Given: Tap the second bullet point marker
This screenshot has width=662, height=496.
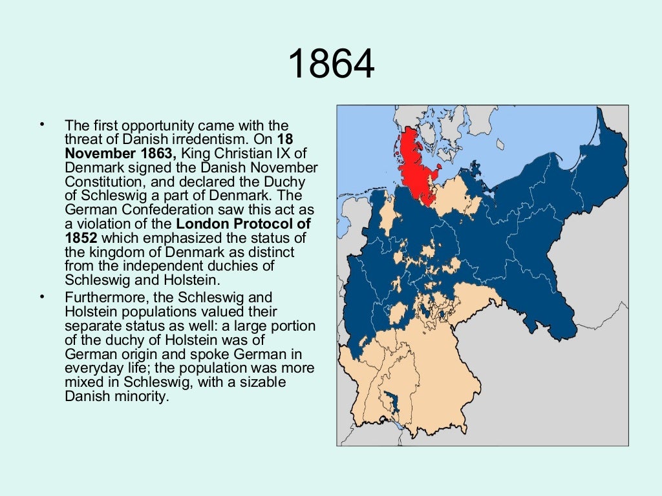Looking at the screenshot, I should pyautogui.click(x=42, y=297).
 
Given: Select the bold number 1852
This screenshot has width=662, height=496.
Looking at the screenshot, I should pyautogui.click(x=81, y=237).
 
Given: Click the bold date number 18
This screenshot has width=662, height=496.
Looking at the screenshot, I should pyautogui.click(x=281, y=139).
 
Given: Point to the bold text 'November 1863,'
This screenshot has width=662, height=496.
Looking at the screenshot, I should pyautogui.click(x=120, y=153).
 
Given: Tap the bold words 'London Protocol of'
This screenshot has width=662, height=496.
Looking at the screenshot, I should pyautogui.click(x=244, y=224).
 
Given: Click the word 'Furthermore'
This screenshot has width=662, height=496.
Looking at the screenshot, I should pyautogui.click(x=102, y=298).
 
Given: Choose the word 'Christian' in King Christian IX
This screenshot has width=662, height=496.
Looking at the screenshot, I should pyautogui.click(x=248, y=153).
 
